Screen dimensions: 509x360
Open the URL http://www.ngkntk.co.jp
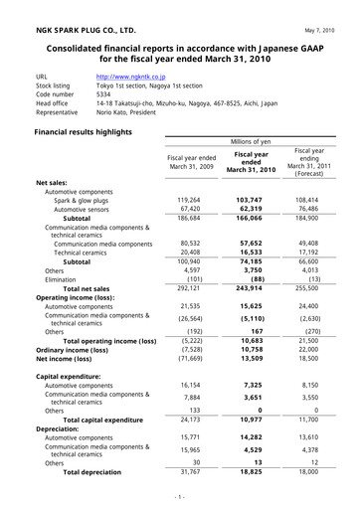click(x=130, y=75)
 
